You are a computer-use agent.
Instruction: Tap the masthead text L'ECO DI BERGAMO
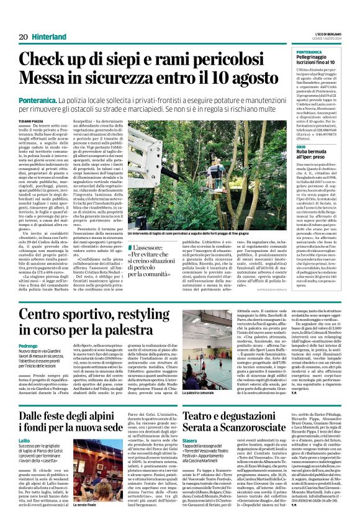pyautogui.click(x=326, y=33)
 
